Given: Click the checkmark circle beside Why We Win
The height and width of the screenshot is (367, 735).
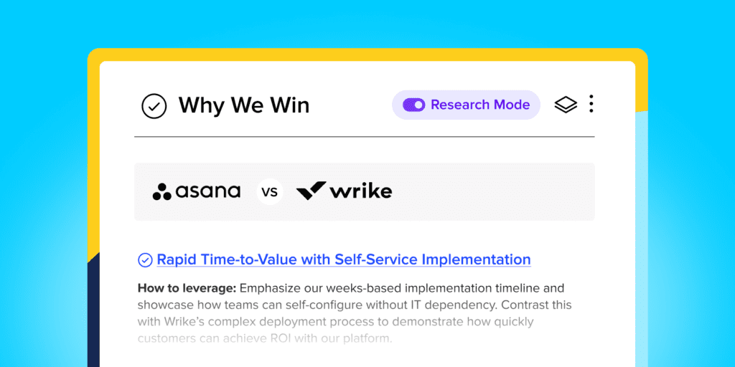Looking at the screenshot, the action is [x=154, y=106].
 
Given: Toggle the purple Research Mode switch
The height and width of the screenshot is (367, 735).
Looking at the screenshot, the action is [x=413, y=105].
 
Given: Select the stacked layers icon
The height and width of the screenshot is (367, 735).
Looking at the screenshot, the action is [x=566, y=105].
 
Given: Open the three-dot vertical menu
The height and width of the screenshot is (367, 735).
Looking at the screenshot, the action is [x=591, y=103].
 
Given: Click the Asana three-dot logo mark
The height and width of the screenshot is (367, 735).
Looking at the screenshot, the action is [x=162, y=191].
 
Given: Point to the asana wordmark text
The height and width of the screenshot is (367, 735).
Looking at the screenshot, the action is [x=207, y=191].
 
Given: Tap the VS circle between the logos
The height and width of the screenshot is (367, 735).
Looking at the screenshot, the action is [x=270, y=192].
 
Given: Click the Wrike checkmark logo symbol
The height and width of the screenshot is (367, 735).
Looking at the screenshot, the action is [x=312, y=191].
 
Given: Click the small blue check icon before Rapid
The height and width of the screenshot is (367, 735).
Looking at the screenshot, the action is [x=145, y=259].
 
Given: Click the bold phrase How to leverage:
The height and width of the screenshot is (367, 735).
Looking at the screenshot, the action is [x=187, y=287].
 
